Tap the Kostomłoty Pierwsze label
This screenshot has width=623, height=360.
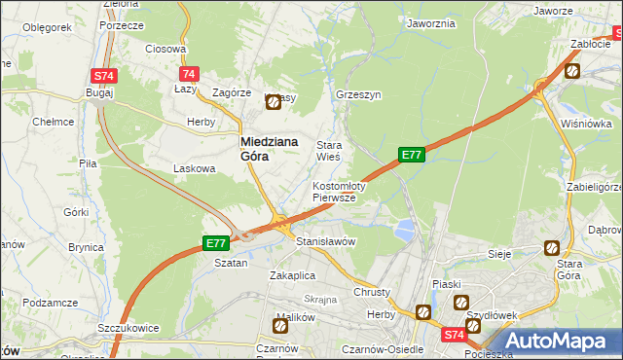[x=338, y=192]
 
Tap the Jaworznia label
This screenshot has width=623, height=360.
[x=432, y=23]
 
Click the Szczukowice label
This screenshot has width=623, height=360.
[x=128, y=329]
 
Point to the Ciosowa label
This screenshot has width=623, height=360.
[x=165, y=49]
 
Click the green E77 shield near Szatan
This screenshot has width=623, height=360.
[x=216, y=243]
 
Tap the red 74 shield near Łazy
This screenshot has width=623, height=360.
[x=190, y=74]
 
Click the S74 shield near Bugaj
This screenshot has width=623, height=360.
[x=104, y=76]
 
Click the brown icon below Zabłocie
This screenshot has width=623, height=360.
[x=573, y=70]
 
